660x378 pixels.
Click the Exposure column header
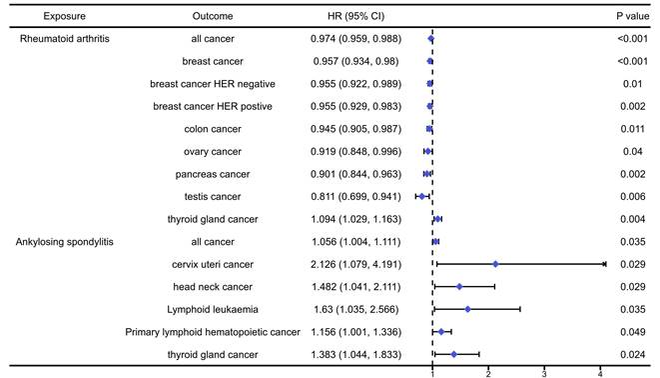coord(43,17)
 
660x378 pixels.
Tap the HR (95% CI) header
coord(355,17)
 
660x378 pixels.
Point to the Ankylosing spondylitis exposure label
coord(68,241)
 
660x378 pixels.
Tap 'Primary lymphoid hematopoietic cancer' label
coord(214,331)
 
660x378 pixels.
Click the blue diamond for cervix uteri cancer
coord(495,264)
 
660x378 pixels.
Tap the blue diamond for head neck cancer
coord(459,286)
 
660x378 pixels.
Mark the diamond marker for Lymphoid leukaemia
coord(467,309)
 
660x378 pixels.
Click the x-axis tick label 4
coord(600,372)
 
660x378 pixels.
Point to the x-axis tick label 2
coord(488,372)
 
